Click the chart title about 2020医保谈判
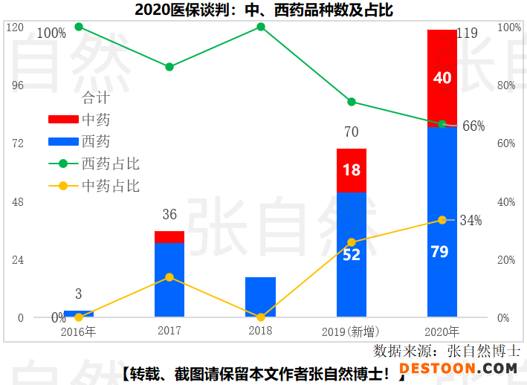(264, 10)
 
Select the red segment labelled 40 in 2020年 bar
(442, 78)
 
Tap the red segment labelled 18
(352, 170)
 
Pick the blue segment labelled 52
(352, 255)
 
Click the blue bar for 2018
(260, 297)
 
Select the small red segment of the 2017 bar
(169, 237)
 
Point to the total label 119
(467, 33)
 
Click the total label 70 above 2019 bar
(352, 132)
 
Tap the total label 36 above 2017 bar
(169, 215)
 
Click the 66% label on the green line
(473, 126)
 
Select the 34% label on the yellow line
(471, 220)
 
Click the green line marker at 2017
(169, 67)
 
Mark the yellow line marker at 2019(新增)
(352, 242)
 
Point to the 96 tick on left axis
(16, 85)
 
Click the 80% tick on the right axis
(505, 85)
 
